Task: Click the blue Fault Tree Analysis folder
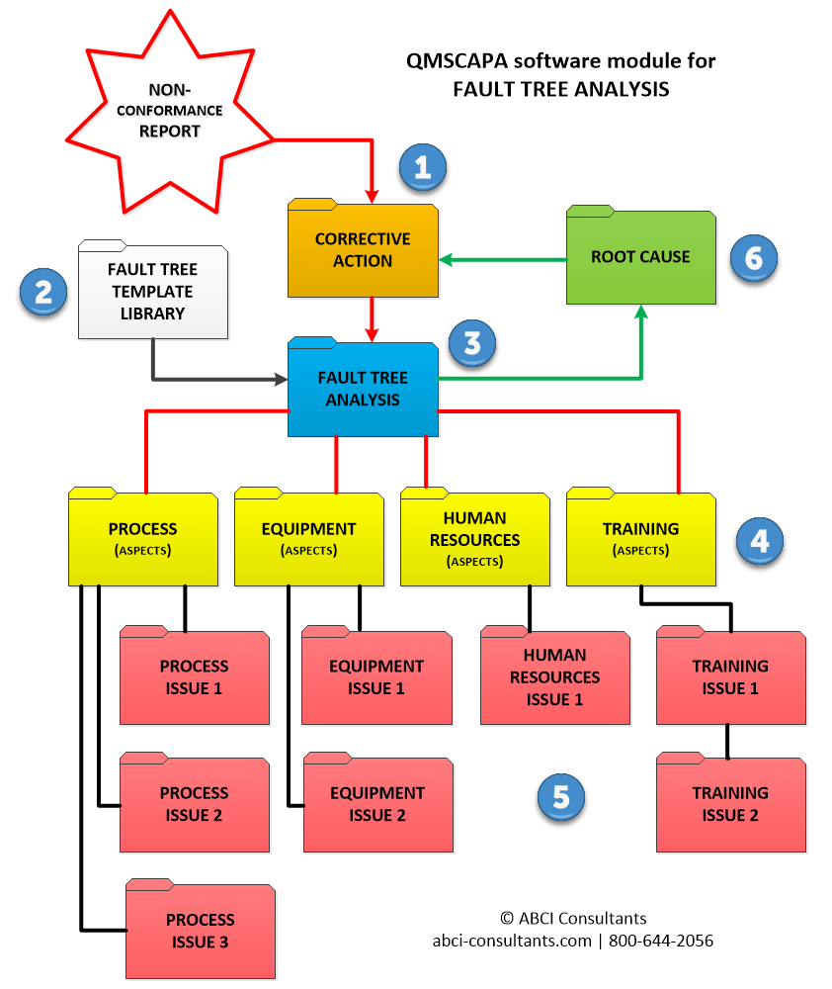point(363,390)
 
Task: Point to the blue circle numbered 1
point(423,167)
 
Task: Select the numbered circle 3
point(472,343)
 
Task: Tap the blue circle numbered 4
point(760,540)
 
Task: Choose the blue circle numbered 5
point(561,797)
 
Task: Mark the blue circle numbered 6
point(754,258)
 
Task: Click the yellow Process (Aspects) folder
point(142,539)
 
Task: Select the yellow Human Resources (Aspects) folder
point(474,539)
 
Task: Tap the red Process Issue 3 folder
point(200,932)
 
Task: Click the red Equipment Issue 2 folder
point(378,805)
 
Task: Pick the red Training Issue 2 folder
point(730,804)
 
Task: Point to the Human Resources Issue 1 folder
point(554,678)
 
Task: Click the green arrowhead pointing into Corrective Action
point(445,260)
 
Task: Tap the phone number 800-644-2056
point(660,941)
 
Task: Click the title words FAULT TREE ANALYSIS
point(560,89)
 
